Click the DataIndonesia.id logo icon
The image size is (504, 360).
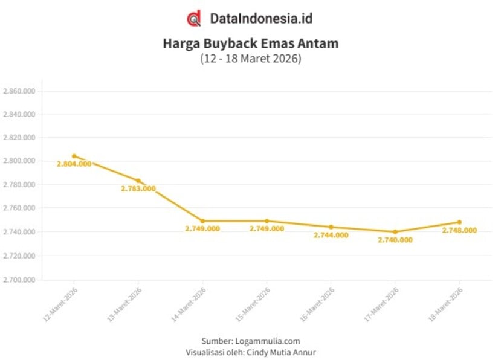click(193, 18)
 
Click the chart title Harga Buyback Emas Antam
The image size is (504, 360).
click(251, 44)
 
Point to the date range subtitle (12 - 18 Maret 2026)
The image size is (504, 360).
click(251, 59)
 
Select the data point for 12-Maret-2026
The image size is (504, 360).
click(74, 156)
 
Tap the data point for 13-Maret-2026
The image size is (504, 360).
click(138, 181)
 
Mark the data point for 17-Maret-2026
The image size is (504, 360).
click(395, 232)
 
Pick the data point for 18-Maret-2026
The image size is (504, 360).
click(459, 222)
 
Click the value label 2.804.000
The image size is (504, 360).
click(74, 164)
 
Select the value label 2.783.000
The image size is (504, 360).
click(138, 188)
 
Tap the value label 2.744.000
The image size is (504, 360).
click(331, 235)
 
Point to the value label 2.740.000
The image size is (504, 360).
click(395, 240)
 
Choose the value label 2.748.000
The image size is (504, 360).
click(459, 230)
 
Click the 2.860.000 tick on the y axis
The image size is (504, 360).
click(19, 91)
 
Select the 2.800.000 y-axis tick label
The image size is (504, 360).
click(19, 161)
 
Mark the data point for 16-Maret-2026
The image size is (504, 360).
click(331, 227)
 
